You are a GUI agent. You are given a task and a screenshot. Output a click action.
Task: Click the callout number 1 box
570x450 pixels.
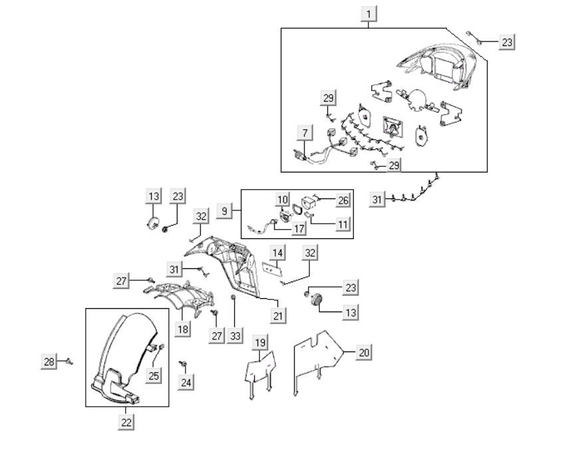tap(368, 14)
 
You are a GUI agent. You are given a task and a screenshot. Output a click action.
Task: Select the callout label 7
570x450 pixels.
tap(305, 132)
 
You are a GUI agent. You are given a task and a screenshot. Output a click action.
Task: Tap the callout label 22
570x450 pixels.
tap(126, 422)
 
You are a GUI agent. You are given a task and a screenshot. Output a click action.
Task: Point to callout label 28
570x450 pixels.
tap(49, 361)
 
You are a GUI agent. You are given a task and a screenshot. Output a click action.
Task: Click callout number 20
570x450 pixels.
tap(364, 352)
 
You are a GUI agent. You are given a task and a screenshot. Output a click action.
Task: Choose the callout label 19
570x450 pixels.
tap(260, 343)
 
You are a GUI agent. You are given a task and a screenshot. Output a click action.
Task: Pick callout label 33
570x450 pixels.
tap(235, 336)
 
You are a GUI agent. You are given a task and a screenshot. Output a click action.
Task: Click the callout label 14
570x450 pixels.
tap(277, 252)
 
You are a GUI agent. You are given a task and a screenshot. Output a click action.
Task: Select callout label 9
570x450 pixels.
tap(224, 210)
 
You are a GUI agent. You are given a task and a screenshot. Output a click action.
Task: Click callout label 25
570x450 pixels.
tap(154, 375)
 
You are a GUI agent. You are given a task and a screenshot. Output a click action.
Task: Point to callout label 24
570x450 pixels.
tap(186, 382)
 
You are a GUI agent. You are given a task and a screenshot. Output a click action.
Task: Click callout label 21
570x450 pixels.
tap(278, 316)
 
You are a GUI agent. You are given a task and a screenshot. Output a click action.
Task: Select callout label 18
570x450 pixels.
tap(182, 330)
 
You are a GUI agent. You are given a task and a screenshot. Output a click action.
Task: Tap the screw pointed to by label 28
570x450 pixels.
tap(69, 361)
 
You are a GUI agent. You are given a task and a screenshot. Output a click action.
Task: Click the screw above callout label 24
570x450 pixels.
tap(183, 363)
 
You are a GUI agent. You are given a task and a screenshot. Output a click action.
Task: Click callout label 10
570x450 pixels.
tap(283, 199)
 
